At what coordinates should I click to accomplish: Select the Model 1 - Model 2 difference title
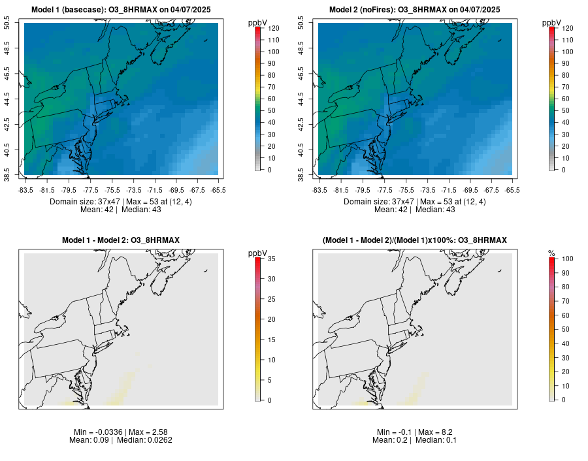(x=120, y=241)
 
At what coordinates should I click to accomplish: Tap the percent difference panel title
(x=414, y=241)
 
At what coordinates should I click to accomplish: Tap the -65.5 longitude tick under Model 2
(x=512, y=190)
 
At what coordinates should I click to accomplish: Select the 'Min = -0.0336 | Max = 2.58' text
(x=120, y=432)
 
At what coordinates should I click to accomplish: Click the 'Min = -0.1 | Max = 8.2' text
(x=414, y=432)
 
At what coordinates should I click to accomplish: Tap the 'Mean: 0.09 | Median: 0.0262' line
(x=120, y=440)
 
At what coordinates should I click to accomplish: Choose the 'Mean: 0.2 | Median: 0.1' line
(x=414, y=440)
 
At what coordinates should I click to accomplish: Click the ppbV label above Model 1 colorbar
(x=257, y=23)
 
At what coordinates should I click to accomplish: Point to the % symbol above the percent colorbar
(x=551, y=253)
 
